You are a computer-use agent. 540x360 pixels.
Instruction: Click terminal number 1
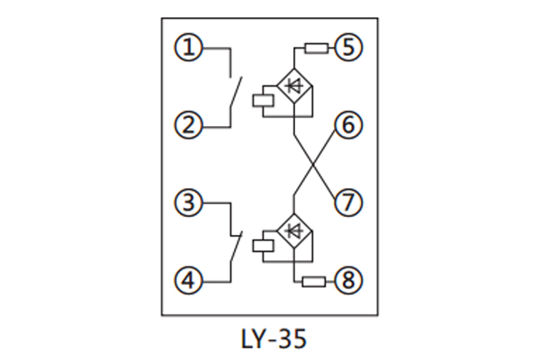click(x=189, y=48)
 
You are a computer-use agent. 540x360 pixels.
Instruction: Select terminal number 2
click(x=189, y=126)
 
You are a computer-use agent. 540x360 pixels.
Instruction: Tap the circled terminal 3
click(x=189, y=202)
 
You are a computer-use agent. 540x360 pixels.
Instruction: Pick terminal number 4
click(x=189, y=282)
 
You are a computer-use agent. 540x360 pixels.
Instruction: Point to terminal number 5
click(x=348, y=48)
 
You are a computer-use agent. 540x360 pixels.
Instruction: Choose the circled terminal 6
click(x=348, y=126)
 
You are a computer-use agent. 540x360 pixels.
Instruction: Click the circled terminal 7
click(x=348, y=202)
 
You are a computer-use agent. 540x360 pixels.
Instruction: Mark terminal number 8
click(x=348, y=282)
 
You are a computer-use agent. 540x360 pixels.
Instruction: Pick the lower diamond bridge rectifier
click(x=293, y=232)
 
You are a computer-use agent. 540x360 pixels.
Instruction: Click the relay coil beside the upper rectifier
click(x=265, y=97)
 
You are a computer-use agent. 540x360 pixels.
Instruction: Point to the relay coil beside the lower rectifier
click(x=265, y=243)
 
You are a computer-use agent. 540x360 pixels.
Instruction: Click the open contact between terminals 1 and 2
click(x=234, y=90)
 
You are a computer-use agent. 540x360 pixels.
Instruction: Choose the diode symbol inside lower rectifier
click(x=293, y=232)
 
